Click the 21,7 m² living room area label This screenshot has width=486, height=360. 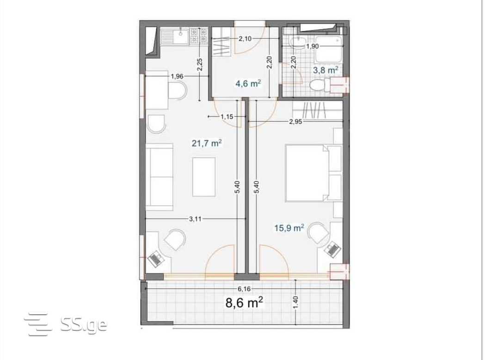coord(207,143)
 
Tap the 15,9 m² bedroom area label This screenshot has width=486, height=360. coord(289,228)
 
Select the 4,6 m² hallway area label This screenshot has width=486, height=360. coord(248,83)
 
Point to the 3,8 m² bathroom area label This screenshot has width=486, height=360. coord(325,70)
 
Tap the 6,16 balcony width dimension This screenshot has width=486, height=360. coord(244,289)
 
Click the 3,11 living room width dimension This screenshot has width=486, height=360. coord(195,219)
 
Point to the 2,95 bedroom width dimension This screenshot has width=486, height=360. coord(295,122)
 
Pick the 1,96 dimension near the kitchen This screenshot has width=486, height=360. coord(177,76)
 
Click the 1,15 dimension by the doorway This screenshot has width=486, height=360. coord(227,117)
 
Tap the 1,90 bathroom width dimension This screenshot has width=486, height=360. coord(313,46)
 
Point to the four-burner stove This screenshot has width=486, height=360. coord(199,35)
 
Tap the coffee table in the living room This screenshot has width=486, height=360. coord(204,177)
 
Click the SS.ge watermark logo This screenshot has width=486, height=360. coord(66,324)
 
